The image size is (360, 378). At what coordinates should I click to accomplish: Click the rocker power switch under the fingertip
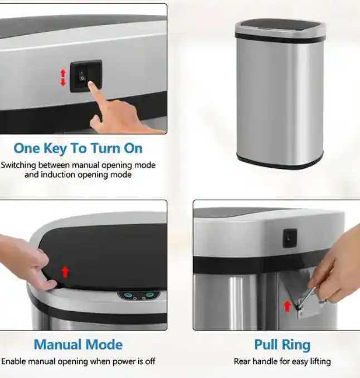82,75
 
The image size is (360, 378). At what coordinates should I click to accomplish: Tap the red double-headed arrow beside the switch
63,77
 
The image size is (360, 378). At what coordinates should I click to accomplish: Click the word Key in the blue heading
55,149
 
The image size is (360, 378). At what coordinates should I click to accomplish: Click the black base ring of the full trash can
280,161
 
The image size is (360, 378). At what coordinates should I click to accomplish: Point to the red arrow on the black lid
65,272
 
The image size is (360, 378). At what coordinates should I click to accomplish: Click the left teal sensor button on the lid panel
128,295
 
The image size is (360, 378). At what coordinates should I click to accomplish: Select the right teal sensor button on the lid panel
150,295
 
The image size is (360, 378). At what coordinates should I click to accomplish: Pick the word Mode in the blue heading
104,344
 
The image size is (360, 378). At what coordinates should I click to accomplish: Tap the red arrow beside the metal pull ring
287,307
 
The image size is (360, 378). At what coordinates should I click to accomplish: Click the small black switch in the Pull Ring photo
290,238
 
